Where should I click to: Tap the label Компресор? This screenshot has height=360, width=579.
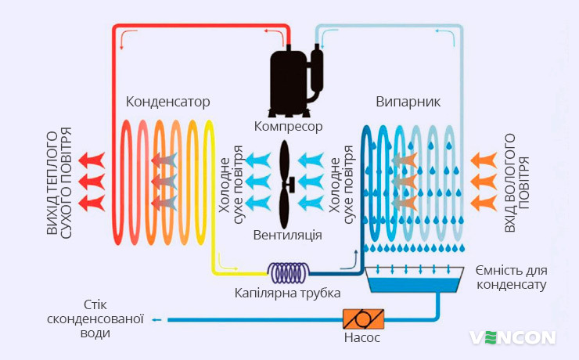point(288,125)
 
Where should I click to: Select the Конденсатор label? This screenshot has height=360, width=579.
point(167,102)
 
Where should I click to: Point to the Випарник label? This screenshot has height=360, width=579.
point(408,102)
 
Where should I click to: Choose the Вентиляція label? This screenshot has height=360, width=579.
point(288,235)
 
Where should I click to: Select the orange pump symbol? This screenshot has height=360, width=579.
point(361,319)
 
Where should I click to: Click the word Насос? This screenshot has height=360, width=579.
point(361,338)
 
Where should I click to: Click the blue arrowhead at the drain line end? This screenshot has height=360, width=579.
point(156,319)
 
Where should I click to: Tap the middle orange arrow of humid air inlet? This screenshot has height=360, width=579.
point(483,182)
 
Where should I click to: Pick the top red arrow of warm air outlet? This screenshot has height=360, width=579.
point(94,160)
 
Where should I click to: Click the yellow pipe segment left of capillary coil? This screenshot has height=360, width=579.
point(235,272)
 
